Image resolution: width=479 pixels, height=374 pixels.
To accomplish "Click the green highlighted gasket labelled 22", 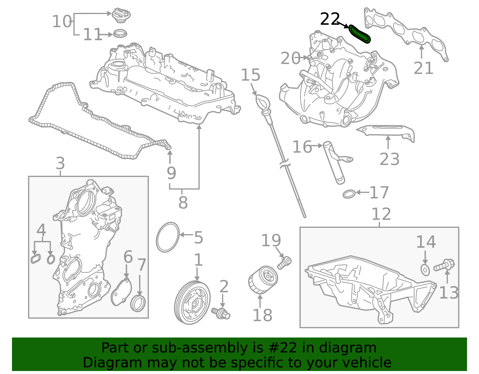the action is (360, 34).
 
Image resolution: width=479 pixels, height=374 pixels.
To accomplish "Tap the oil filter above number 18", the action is (263, 280).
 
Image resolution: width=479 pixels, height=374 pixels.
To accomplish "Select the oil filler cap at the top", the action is (121, 15).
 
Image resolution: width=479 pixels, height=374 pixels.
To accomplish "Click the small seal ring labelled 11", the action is (120, 33).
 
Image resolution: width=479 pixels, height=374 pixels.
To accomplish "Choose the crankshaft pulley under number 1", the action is (192, 302).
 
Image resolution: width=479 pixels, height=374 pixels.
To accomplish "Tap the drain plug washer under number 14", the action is (425, 270).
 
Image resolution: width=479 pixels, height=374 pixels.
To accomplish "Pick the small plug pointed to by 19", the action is (284, 263).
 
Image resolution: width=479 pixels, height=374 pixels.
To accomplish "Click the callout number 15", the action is (251, 75).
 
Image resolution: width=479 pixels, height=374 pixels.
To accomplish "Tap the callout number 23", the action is (389, 159).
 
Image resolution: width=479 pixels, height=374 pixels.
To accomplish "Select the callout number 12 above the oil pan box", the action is (381, 214).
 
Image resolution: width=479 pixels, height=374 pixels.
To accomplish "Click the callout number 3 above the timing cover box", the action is (60, 163).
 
